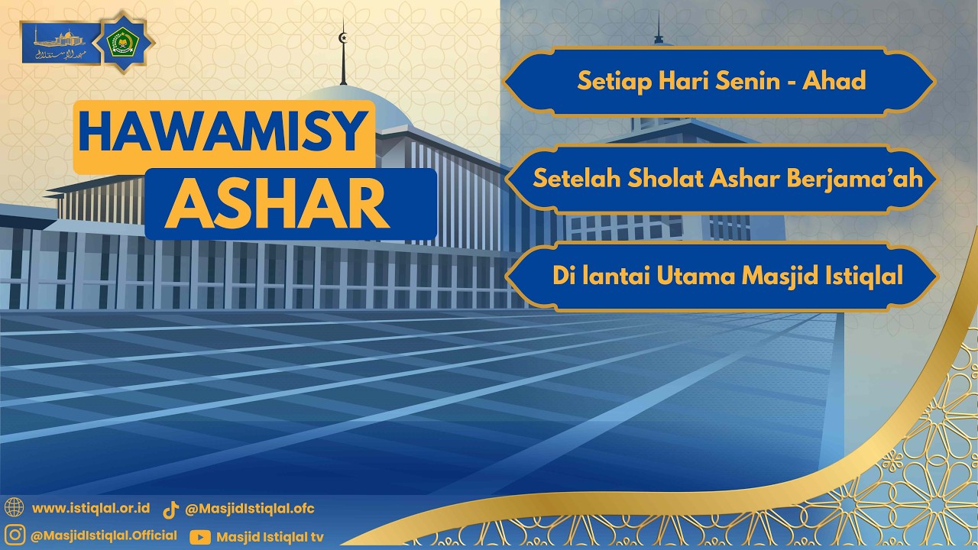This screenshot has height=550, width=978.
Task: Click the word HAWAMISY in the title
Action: (x=223, y=131)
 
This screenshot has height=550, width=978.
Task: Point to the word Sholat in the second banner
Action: (x=666, y=179)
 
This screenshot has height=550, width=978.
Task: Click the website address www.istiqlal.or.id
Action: (x=91, y=508)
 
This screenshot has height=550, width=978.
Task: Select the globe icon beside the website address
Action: (x=14, y=507)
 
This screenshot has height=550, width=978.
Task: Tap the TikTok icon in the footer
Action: (x=171, y=510)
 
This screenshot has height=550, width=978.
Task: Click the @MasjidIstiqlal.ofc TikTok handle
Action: (x=250, y=509)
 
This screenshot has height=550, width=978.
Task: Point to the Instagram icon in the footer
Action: (x=14, y=535)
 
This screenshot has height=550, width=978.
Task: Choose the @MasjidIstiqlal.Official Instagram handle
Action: (x=104, y=535)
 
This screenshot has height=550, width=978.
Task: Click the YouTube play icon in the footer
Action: (x=200, y=537)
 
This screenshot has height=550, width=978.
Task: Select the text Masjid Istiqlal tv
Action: (x=270, y=537)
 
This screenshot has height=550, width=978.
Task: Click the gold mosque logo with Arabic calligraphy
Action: (x=60, y=43)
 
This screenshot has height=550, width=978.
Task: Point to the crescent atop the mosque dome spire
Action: (x=343, y=37)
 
